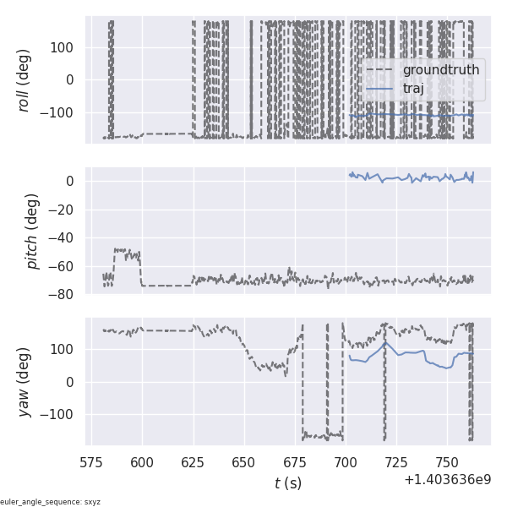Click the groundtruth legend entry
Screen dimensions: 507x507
click(440, 69)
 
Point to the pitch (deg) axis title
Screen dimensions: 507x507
click(33, 231)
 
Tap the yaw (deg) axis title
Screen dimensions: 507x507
click(24, 382)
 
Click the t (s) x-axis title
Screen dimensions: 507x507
click(287, 483)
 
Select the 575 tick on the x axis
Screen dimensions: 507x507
click(91, 462)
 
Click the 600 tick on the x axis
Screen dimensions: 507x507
click(143, 462)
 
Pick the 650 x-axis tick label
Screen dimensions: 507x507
click(244, 462)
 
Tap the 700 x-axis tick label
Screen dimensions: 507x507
click(346, 462)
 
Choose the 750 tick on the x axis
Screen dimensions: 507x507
click(447, 462)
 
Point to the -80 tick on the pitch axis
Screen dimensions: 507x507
click(64, 295)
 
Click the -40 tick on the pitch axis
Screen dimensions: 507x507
click(64, 237)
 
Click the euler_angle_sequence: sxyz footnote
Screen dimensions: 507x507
click(50, 502)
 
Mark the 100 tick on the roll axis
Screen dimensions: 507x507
click(64, 47)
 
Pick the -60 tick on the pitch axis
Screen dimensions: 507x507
click(64, 266)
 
